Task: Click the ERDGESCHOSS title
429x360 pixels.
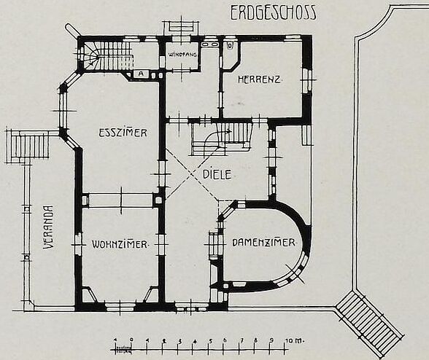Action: click(273, 13)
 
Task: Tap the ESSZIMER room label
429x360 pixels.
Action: click(123, 133)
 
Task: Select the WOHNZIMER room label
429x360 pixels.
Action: click(120, 244)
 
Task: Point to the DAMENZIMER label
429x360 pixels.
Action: click(263, 243)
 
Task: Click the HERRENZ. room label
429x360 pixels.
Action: click(260, 79)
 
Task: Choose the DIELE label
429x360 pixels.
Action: click(217, 175)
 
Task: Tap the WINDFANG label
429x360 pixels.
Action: click(182, 55)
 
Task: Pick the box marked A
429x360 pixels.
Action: click(141, 74)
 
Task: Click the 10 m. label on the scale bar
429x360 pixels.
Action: click(295, 341)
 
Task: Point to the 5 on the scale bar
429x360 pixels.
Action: click(211, 341)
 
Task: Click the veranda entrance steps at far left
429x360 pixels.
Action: click(28, 146)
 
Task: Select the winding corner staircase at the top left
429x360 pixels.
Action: click(107, 56)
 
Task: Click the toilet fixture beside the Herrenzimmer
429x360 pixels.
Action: click(230, 45)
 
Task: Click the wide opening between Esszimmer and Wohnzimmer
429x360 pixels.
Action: click(121, 200)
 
